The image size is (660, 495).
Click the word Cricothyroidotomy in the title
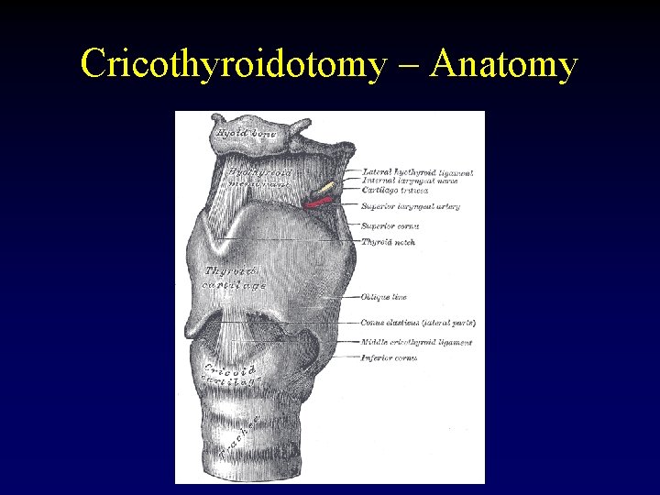point(229,65)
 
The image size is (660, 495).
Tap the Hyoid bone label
point(246,134)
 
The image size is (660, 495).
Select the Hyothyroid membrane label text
point(259,176)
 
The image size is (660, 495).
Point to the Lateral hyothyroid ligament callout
point(417,172)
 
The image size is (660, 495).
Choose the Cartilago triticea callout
point(395,190)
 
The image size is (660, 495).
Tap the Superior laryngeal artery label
point(410,207)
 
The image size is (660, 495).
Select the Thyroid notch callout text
point(389,243)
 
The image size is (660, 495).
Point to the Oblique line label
point(384,297)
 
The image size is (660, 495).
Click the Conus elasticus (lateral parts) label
point(418,323)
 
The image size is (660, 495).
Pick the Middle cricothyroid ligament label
point(417,342)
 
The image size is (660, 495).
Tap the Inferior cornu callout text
point(390,357)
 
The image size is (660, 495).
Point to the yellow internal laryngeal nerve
point(328,188)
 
